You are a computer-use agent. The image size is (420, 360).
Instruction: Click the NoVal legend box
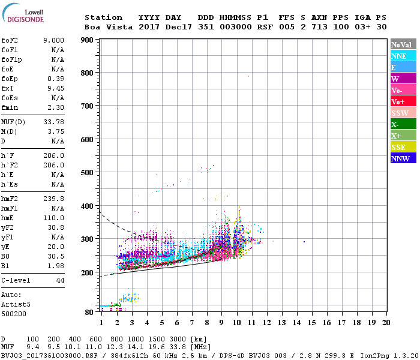click(403, 44)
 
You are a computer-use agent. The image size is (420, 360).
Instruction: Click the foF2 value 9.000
click(53, 40)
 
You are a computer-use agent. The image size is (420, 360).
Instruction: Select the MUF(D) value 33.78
click(53, 122)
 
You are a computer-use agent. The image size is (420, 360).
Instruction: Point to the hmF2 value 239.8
click(53, 199)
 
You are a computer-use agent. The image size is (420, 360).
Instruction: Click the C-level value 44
click(59, 280)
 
